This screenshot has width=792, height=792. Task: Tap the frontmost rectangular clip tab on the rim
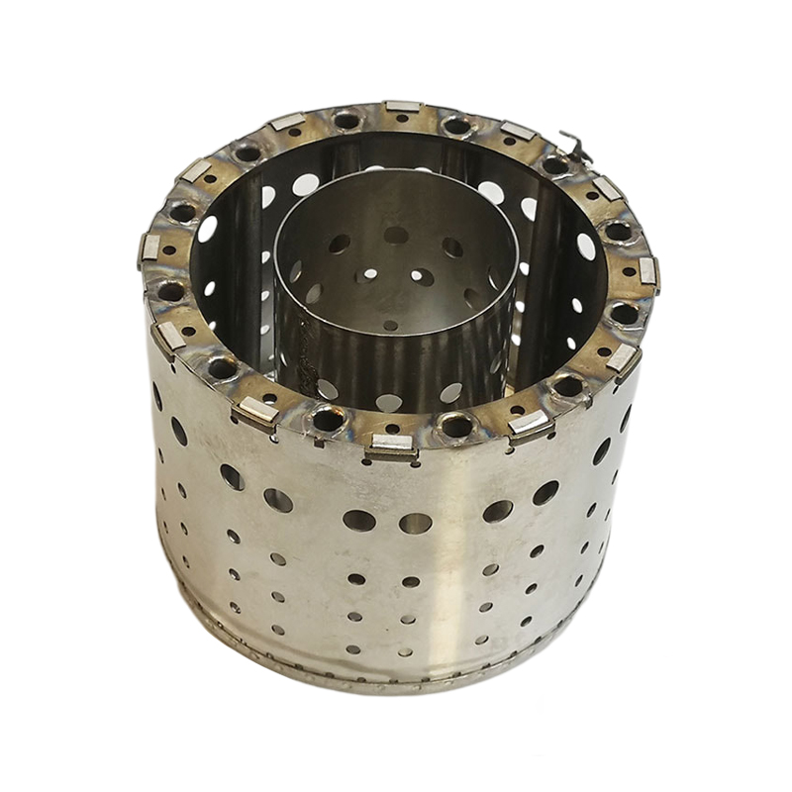tap(391, 446)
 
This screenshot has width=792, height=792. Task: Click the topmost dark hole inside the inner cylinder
tap(396, 235)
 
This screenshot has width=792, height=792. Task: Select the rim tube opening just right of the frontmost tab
tap(456, 427)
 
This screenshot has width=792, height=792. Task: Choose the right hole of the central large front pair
tap(416, 522)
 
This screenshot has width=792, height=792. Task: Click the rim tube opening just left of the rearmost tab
tap(346, 121)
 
